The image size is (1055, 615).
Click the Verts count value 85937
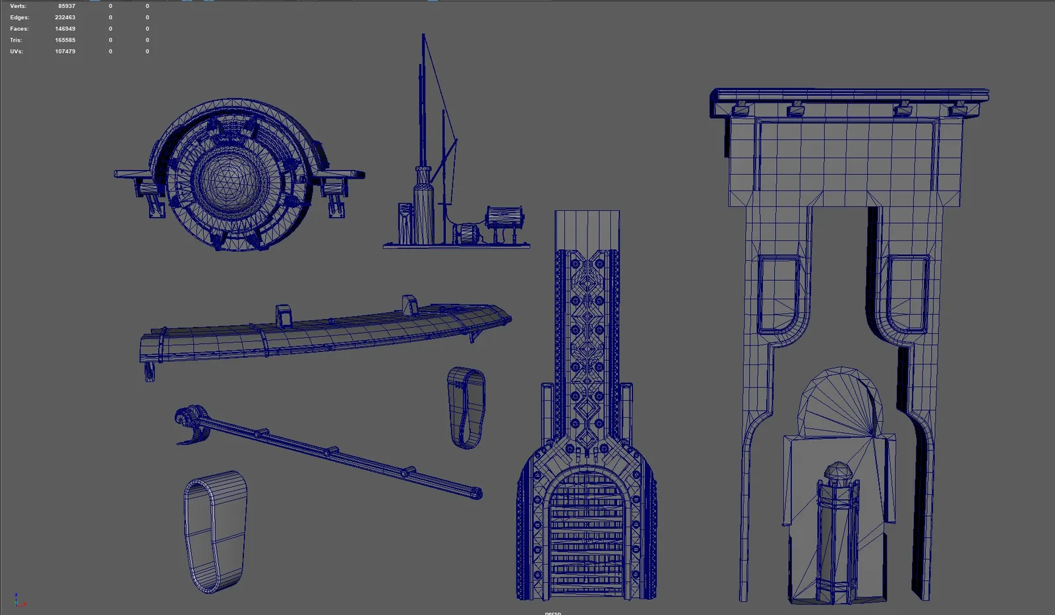(x=67, y=6)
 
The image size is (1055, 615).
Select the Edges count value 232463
(x=65, y=17)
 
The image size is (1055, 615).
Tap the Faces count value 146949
(x=65, y=29)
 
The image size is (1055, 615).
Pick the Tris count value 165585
(x=65, y=40)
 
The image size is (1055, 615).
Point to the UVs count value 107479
(x=65, y=51)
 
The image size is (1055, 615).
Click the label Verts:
(x=18, y=6)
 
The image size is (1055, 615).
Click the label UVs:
(x=16, y=51)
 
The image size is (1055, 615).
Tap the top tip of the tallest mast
(x=423, y=34)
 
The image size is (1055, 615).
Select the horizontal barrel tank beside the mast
(x=504, y=217)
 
